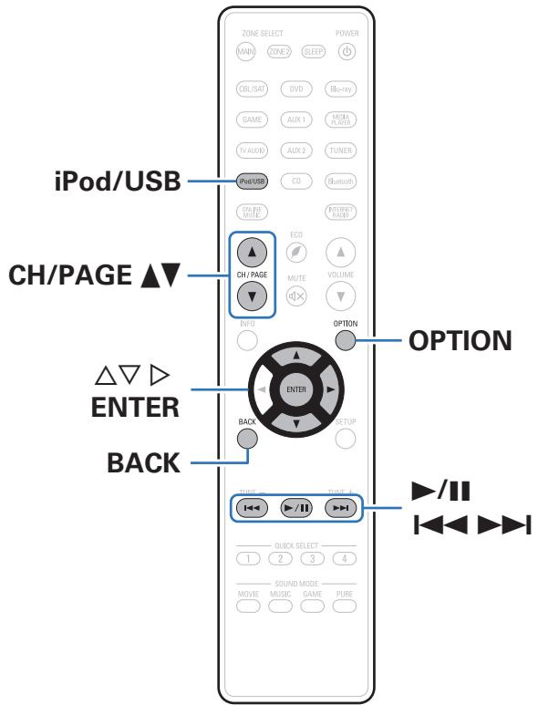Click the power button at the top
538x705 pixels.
click(346, 51)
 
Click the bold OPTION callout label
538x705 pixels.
click(455, 340)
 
